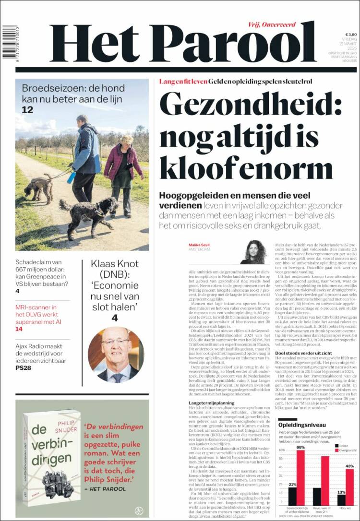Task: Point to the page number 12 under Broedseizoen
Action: click(x=27, y=110)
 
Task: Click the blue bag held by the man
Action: click(x=72, y=178)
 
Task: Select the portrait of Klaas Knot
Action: click(x=116, y=355)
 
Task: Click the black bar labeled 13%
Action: click(x=341, y=500)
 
